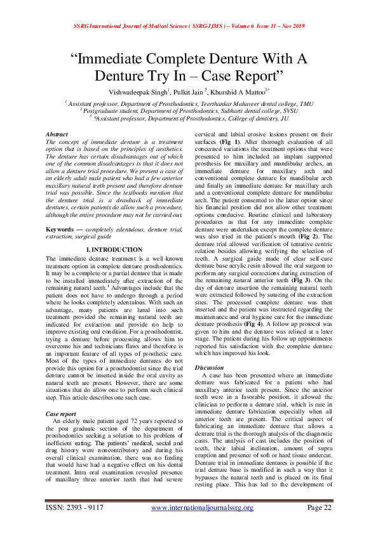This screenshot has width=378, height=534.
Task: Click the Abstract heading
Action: click(x=57, y=135)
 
